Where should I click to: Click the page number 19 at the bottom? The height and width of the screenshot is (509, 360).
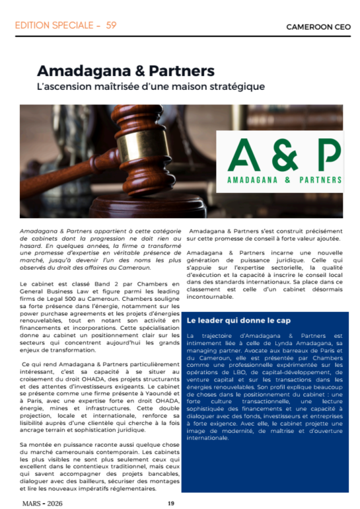click(170, 503)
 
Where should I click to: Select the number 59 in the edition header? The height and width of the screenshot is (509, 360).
click(111, 26)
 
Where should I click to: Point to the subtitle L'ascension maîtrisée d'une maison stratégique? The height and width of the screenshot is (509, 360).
click(151, 87)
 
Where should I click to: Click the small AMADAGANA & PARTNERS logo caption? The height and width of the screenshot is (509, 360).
click(284, 179)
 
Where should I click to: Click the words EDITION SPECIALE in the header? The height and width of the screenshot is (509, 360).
click(53, 26)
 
